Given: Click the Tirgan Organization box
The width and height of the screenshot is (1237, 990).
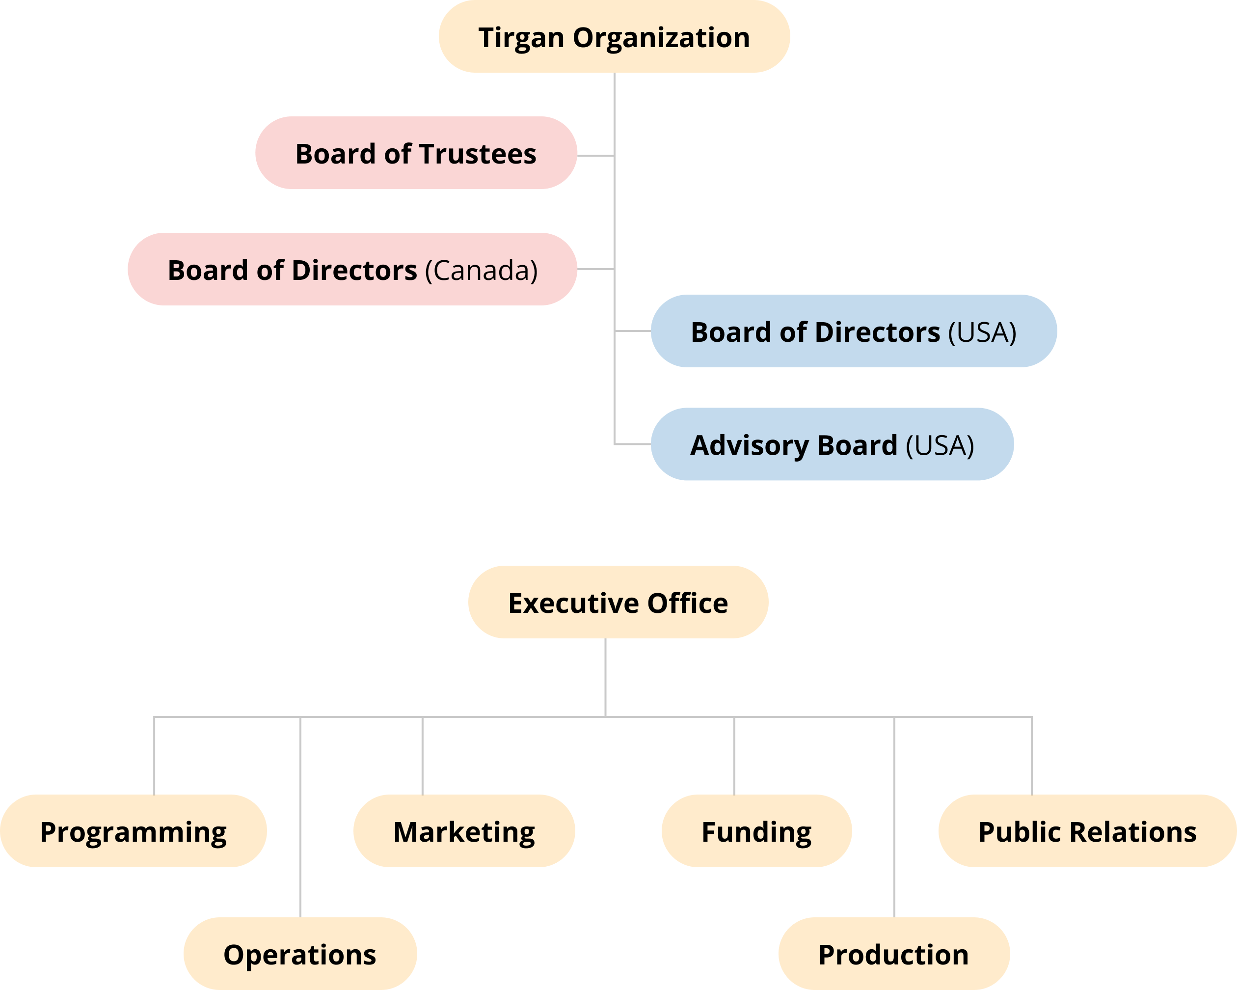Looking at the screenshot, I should click(614, 37).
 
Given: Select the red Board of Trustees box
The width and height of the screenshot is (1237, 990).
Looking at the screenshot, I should click(416, 153).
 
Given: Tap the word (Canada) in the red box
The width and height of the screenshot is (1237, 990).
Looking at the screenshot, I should click(481, 270).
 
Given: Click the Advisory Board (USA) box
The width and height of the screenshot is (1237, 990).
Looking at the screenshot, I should click(832, 445).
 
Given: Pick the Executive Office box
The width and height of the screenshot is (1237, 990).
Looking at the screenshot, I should click(618, 603).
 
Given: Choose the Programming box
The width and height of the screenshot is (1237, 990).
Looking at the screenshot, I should click(133, 831).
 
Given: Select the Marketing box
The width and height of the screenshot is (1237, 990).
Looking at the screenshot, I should click(464, 831).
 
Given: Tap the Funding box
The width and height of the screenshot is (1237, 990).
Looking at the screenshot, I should click(756, 831).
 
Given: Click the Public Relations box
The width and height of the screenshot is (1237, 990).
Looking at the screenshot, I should click(1087, 831).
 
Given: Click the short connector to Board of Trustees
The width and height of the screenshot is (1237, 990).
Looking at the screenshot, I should click(595, 156).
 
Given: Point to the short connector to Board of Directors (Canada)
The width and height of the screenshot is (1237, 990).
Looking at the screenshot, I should click(595, 269).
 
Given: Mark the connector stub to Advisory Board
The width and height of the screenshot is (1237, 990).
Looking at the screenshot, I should click(632, 444).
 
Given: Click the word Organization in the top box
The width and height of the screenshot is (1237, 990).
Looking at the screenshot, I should click(661, 38).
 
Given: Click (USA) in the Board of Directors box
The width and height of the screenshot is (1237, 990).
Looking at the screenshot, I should click(982, 332).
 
